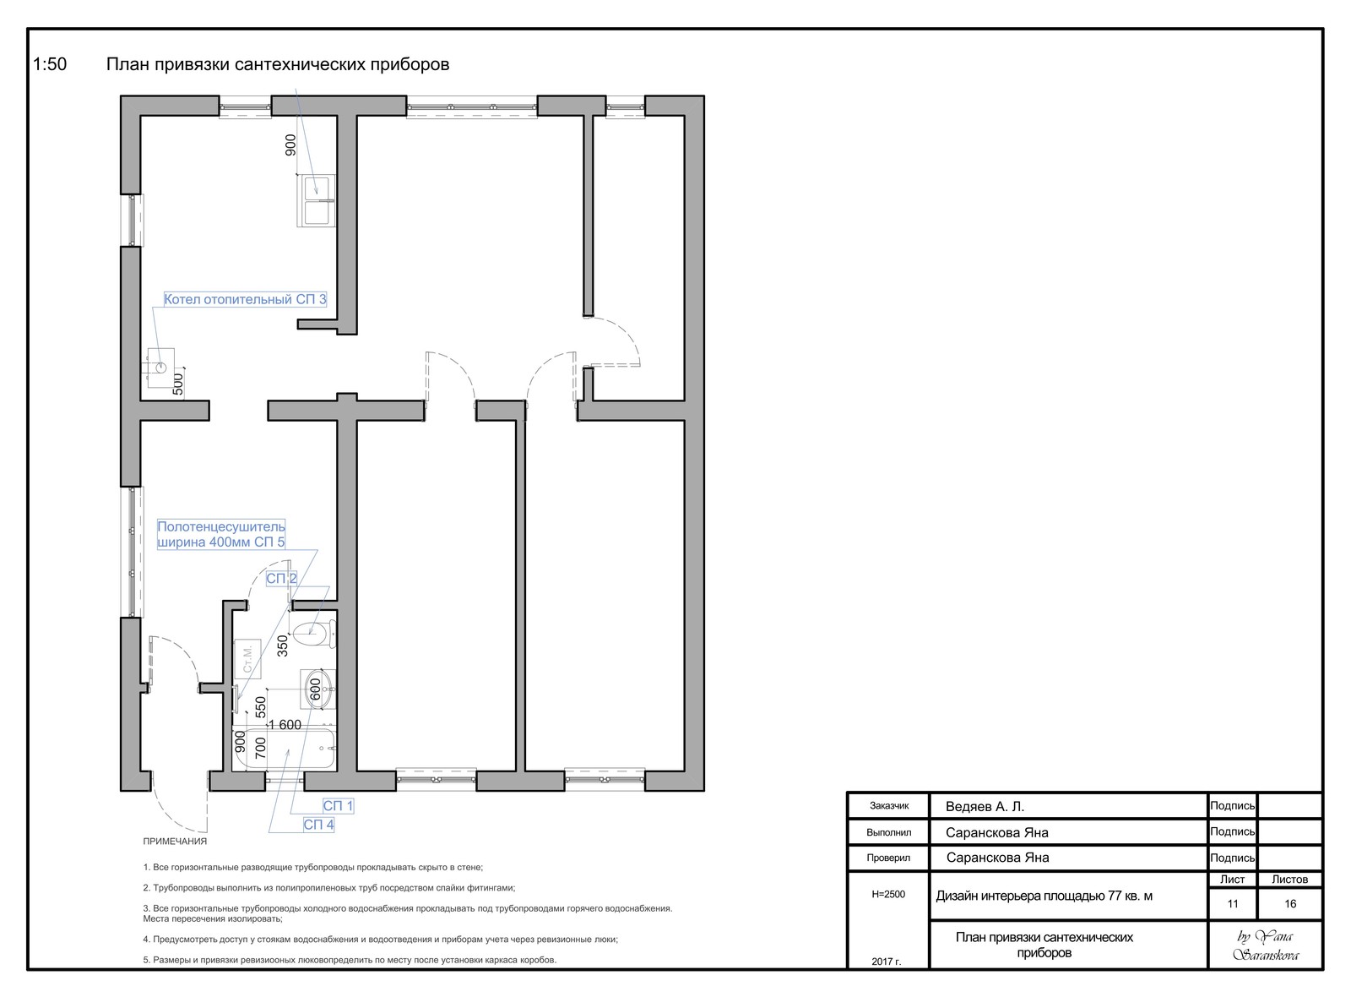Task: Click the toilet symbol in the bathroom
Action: click(316, 633)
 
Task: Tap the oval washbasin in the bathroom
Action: click(317, 689)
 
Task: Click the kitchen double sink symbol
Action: click(316, 200)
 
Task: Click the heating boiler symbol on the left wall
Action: click(160, 367)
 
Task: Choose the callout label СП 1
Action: click(338, 806)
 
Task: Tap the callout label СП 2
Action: click(281, 578)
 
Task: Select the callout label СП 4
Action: click(318, 825)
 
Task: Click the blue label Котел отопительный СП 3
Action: click(245, 299)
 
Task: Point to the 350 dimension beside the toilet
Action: click(282, 646)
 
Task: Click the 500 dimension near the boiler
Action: click(178, 384)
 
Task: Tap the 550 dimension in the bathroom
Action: click(261, 707)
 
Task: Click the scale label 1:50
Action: click(50, 64)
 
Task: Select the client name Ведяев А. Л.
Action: click(985, 807)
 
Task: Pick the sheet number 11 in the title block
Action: click(1232, 903)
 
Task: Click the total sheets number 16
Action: click(1290, 903)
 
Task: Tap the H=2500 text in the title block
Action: click(888, 895)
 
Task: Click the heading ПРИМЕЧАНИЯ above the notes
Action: click(175, 842)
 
